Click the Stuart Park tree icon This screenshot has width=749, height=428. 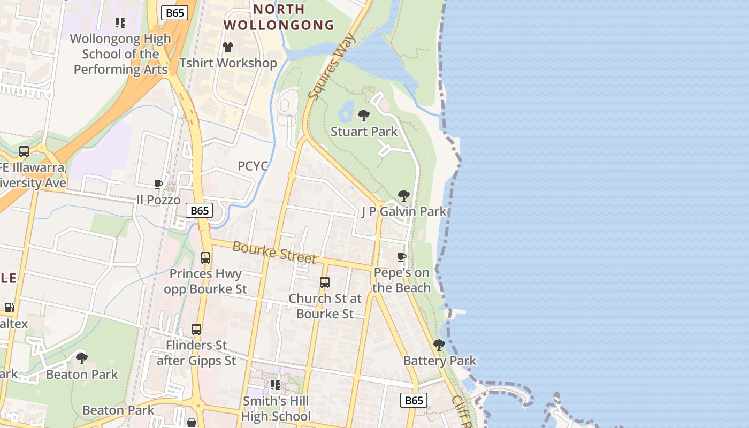tap(364, 115)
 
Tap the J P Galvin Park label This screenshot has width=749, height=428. tap(404, 211)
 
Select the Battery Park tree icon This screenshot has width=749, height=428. tap(439, 345)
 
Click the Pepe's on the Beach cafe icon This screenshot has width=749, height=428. tap(402, 257)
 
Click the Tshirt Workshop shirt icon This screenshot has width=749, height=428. tap(228, 47)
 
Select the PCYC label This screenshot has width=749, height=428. tap(253, 166)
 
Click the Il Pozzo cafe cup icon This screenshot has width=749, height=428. tap(158, 185)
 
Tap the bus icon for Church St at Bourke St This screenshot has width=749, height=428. tap(325, 282)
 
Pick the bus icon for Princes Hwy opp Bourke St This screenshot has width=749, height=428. tap(205, 258)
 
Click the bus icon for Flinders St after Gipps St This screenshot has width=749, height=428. tap(196, 329)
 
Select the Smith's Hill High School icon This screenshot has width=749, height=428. tap(276, 385)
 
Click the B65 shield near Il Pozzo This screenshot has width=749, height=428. tap(200, 210)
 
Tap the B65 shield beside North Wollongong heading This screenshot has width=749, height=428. tap(175, 13)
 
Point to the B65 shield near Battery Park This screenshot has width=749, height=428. tap(414, 400)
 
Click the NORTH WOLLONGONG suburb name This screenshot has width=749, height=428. tap(279, 17)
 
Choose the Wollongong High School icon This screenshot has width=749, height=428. tap(120, 23)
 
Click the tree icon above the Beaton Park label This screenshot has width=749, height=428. tap(82, 358)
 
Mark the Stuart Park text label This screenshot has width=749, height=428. tap(364, 132)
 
